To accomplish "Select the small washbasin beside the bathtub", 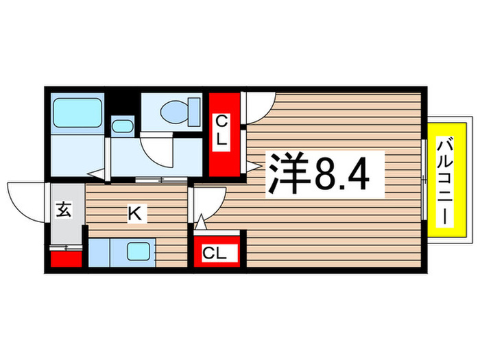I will (x=123, y=126).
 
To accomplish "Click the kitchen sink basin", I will (x=139, y=252).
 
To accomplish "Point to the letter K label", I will (x=136, y=215).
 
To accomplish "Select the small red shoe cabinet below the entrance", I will (x=66, y=259).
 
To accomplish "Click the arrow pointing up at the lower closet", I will (x=200, y=223).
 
